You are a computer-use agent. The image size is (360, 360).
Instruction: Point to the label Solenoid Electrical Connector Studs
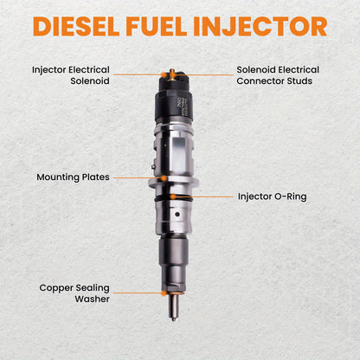pyautogui.click(x=278, y=74)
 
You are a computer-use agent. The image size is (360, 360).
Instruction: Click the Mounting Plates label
pyautogui.click(x=73, y=177)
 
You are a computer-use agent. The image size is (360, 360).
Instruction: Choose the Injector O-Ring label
pyautogui.click(x=272, y=196)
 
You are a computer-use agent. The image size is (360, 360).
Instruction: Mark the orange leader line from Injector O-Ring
pyautogui.click(x=213, y=196)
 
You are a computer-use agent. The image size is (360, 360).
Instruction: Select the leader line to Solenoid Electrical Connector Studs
pyautogui.click(x=208, y=75)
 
